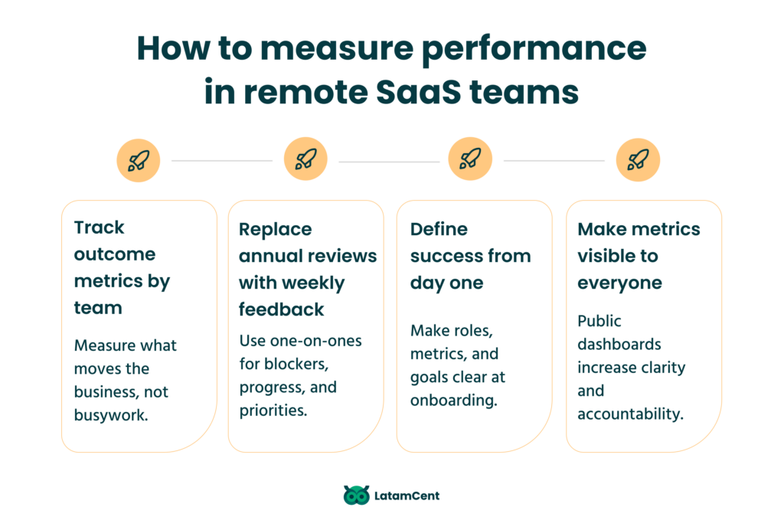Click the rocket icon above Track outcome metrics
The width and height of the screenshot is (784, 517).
click(x=139, y=160)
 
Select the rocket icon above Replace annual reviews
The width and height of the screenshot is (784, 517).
click(x=305, y=160)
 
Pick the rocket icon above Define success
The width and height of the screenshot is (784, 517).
click(x=470, y=160)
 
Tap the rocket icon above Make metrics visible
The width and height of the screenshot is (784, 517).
click(x=638, y=160)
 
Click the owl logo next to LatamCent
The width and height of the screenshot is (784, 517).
click(x=356, y=496)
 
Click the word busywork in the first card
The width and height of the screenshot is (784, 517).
click(x=109, y=415)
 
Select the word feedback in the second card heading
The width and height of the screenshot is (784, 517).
click(x=281, y=309)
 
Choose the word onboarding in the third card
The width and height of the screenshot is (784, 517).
click(x=452, y=401)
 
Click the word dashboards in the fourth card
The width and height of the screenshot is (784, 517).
click(x=619, y=344)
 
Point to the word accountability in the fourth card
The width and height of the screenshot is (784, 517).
click(x=630, y=414)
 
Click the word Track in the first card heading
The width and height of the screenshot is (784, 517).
click(x=99, y=227)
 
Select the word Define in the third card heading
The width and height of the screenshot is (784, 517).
click(x=439, y=229)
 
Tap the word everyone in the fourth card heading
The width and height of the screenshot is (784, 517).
click(x=619, y=283)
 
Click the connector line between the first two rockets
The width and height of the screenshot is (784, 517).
click(x=222, y=161)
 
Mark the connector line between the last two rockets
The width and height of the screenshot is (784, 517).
click(x=554, y=161)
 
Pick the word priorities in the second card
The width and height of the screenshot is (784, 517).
click(x=273, y=410)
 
